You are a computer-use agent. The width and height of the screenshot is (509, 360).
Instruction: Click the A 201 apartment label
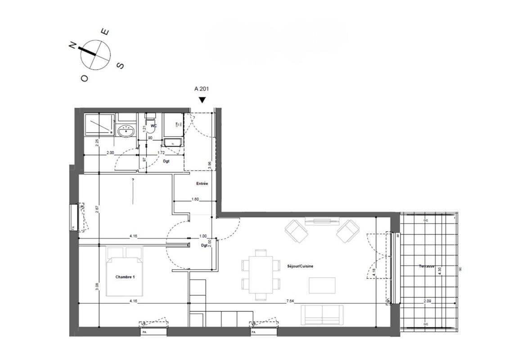coord(201,89)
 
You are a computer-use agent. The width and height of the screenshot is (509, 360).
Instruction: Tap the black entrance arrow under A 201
coord(203,100)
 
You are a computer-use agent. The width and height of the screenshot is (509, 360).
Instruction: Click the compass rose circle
coord(95,54)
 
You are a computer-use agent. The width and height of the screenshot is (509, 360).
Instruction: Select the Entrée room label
coord(202,184)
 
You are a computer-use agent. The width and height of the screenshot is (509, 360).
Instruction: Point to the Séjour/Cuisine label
coord(300,266)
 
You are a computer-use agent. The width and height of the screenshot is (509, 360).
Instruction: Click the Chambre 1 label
coord(125,277)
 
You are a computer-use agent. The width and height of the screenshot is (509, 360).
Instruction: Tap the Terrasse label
coord(426,266)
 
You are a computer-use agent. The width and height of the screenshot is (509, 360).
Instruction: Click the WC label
coord(153,126)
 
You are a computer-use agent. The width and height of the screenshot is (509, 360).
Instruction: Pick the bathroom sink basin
coord(126,132)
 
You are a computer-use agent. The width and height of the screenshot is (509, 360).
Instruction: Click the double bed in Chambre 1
coord(125,271)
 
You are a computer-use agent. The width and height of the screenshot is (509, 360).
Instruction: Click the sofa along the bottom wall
coord(322,315)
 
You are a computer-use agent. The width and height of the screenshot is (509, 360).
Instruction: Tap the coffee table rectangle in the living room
coord(322,285)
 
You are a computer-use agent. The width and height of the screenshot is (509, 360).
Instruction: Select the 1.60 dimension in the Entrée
coord(195,198)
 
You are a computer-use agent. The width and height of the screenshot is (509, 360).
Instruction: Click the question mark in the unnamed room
coord(133,180)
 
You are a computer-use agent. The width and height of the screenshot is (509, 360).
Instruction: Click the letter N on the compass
coord(72,45)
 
